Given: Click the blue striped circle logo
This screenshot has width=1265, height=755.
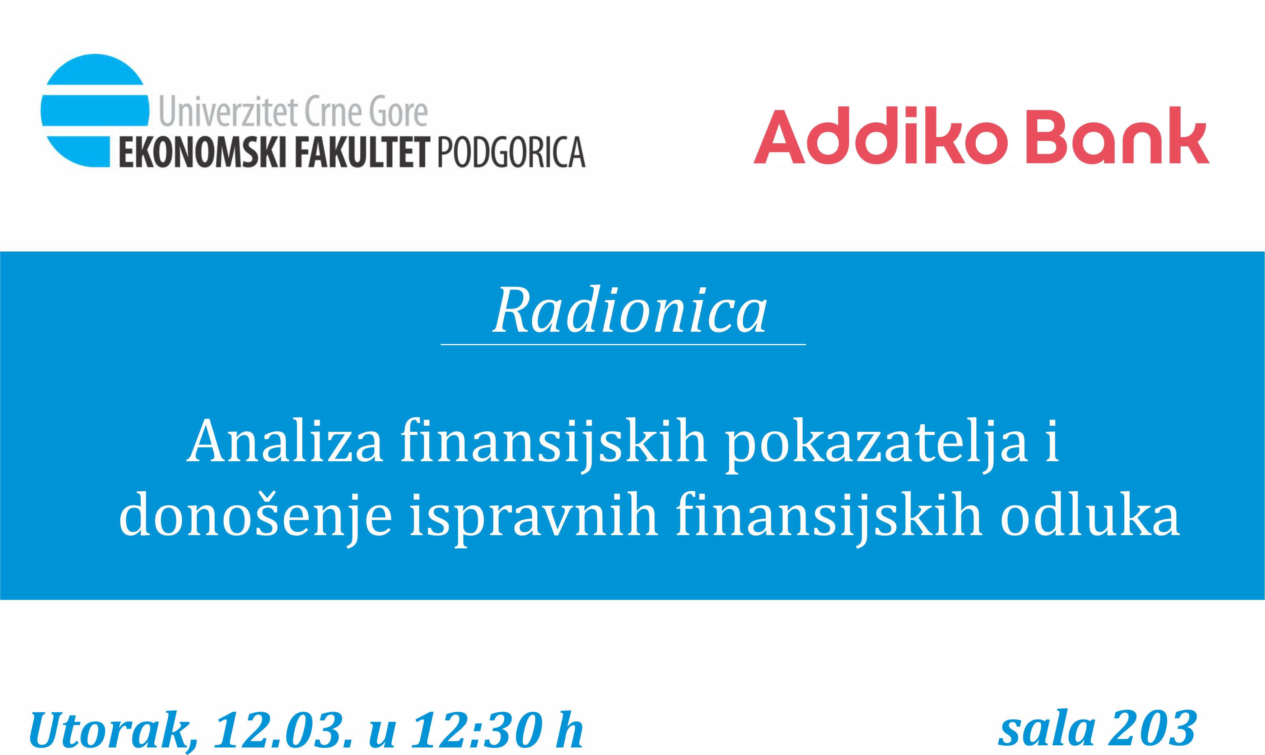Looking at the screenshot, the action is click(95, 110).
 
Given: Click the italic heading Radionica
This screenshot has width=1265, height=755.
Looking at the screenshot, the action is click(630, 310).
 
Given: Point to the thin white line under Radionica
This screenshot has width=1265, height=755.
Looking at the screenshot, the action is click(623, 344).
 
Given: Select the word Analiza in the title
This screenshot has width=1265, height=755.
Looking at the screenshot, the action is click(285, 440).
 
